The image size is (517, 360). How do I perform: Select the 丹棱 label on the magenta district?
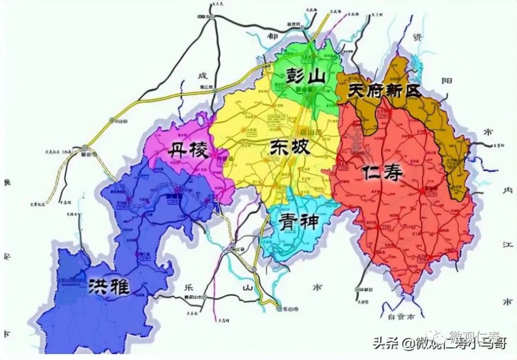coord(188,151)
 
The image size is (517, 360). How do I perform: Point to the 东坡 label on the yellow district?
coord(290,148)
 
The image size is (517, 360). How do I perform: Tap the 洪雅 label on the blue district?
coord(109,286)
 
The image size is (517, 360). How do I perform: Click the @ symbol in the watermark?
coord(409,344)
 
